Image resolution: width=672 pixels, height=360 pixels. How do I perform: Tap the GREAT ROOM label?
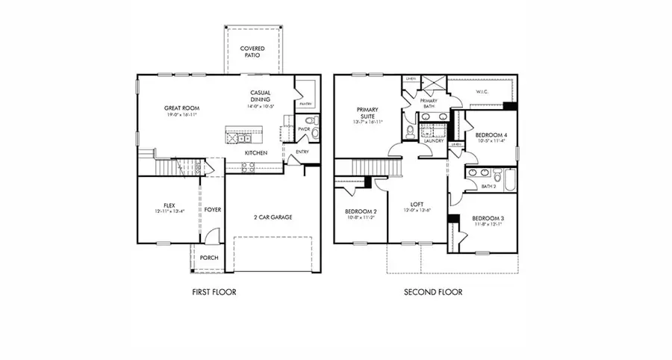[x=179, y=108]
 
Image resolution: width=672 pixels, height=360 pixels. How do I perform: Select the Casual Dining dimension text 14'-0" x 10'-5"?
[x=261, y=106]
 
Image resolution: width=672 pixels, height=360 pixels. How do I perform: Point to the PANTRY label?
[x=305, y=104]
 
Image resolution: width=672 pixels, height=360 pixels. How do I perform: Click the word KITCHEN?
[x=256, y=153]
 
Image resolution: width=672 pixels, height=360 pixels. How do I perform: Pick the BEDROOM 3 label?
[x=488, y=218]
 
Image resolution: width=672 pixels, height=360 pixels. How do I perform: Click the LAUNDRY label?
[x=434, y=140]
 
